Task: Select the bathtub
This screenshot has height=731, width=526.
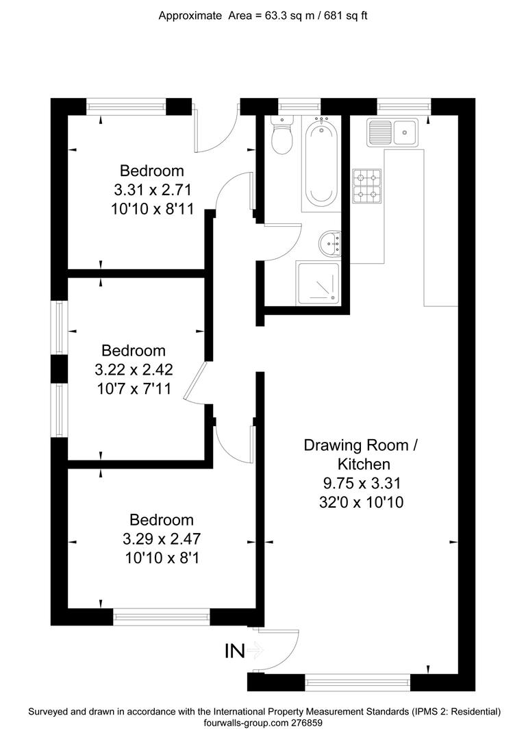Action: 319,164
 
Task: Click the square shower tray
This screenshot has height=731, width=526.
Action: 318,283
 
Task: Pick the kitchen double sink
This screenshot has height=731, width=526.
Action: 393,131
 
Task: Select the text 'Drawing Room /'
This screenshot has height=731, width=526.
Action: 360,445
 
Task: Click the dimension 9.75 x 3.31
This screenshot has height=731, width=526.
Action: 360,483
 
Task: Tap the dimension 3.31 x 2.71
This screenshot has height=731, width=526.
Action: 152,190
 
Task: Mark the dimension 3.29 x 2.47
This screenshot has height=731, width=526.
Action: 162,538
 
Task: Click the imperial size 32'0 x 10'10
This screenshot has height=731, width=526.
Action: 360,502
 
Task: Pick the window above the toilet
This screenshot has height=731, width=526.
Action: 299,106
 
